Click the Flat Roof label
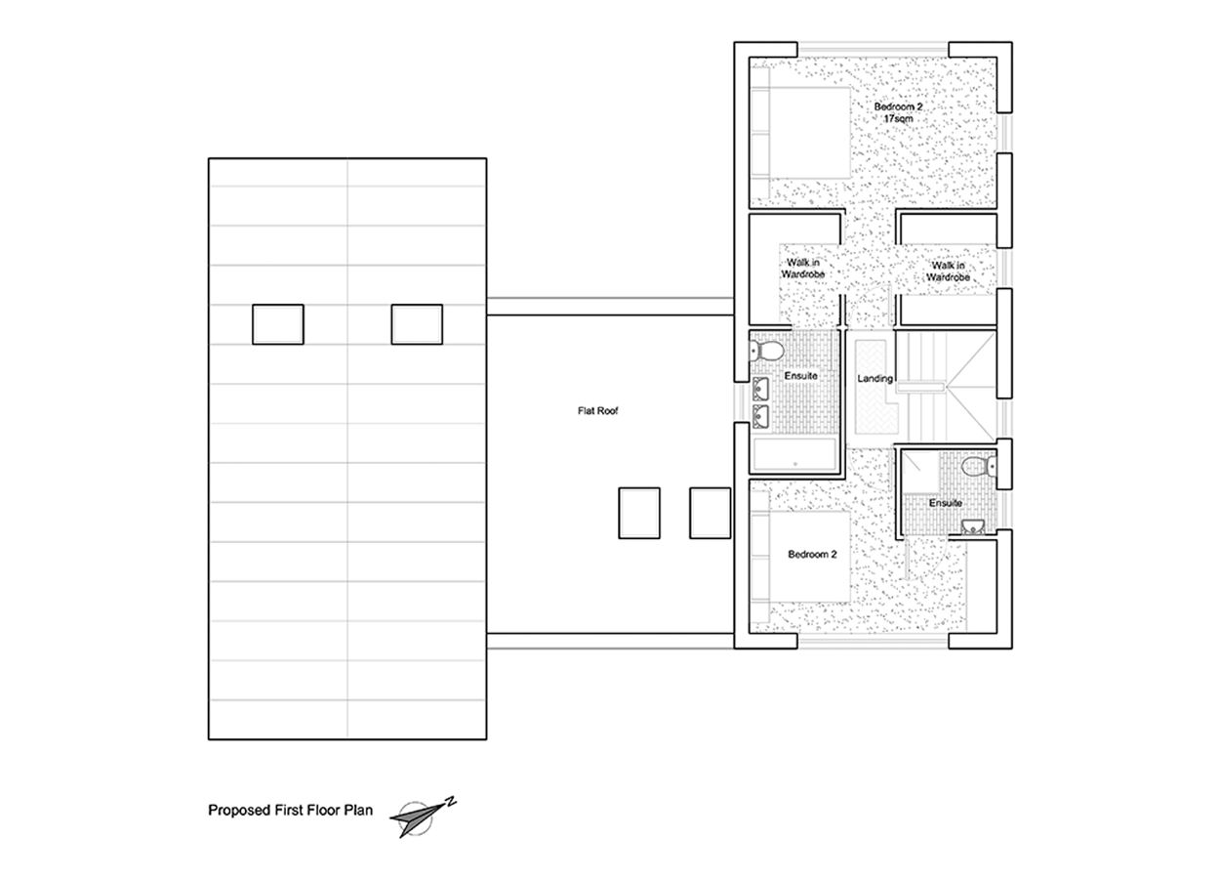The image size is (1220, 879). pos(597,411)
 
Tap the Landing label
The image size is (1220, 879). pos(874,378)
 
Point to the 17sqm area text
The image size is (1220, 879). pos(898,119)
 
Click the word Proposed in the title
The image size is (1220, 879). pos(234,811)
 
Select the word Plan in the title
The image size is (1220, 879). pos(358,811)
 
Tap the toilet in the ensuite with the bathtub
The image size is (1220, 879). pos(766,351)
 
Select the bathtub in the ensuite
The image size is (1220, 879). pos(794,454)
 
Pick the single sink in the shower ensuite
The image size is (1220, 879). pos(972,526)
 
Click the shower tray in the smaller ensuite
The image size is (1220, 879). pos(919,470)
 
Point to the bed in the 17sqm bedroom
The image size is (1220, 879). pos(800,133)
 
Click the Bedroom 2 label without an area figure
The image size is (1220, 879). pos(812,554)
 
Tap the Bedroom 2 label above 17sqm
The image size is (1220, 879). pos(898,106)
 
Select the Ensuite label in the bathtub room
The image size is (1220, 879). pos(800,376)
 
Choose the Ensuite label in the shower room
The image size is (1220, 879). pos(946,503)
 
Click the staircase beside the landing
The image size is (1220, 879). pos(946,386)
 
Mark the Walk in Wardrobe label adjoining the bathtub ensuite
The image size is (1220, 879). pos(803,269)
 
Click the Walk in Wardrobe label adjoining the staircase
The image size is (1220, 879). pos(949,272)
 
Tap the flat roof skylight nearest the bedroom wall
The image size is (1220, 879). pos(710,514)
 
